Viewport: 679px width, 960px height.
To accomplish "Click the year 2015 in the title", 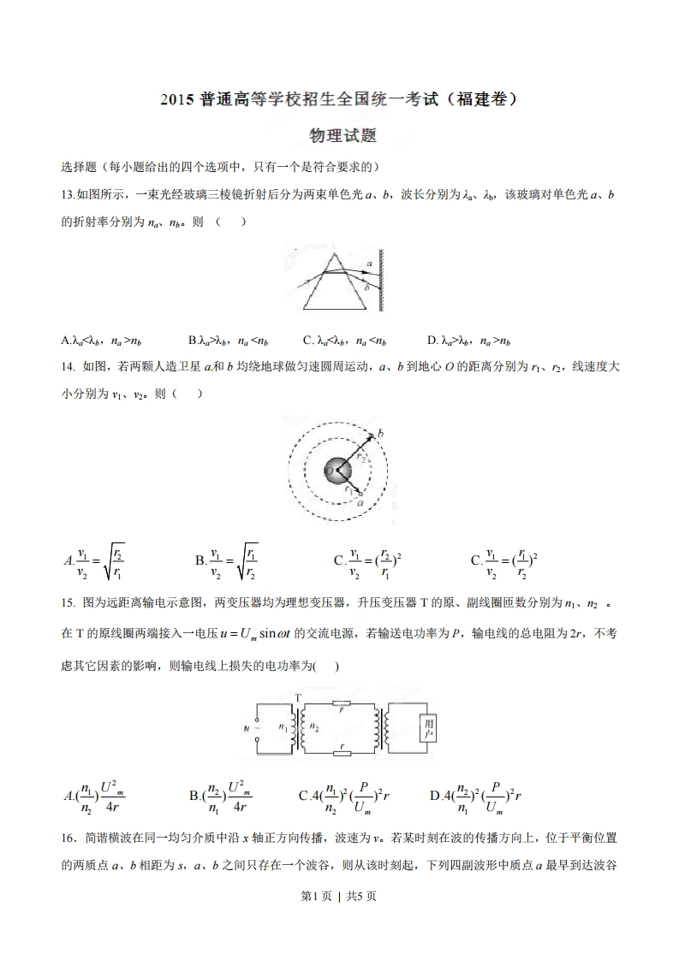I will pos(177,100).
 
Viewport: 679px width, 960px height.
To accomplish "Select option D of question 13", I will pos(469,341).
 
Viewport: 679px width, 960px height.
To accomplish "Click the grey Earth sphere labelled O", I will pos(334,471).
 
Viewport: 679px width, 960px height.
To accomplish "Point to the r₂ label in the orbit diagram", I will pos(361,457).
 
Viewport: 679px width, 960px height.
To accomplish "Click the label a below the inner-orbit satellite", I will pos(361,504).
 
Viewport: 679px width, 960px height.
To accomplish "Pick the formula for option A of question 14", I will pos(95,561).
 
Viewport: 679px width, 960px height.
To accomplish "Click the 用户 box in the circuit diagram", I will pos(428,728).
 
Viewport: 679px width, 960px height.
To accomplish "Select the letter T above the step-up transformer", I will pos(298,697).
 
